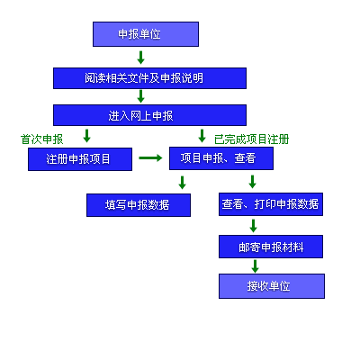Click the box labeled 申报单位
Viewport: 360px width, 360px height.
click(146, 34)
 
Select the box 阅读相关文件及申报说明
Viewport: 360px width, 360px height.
click(149, 78)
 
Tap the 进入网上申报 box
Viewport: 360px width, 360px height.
click(149, 115)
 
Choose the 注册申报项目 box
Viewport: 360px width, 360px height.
click(80, 159)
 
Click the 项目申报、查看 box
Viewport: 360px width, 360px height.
click(221, 158)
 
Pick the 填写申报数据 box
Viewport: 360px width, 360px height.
click(139, 205)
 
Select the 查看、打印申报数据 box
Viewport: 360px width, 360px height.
click(271, 204)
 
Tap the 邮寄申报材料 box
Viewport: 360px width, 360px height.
click(271, 247)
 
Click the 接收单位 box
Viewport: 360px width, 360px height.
click(272, 286)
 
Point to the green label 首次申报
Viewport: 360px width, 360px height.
click(42, 139)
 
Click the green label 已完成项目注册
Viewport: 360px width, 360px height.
click(252, 139)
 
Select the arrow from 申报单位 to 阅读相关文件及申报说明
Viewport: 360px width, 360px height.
click(140, 58)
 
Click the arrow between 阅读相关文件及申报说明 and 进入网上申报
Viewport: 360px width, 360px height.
click(140, 96)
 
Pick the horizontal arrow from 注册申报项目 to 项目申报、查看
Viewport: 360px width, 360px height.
click(150, 157)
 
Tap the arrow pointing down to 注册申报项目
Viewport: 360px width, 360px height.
click(87, 136)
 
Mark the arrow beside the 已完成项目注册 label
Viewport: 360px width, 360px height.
click(202, 136)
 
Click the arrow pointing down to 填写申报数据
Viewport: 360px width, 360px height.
click(182, 182)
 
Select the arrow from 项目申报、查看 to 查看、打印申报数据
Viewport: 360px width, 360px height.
click(253, 182)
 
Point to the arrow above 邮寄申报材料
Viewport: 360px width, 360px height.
click(254, 226)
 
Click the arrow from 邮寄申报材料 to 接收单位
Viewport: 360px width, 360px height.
click(256, 266)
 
